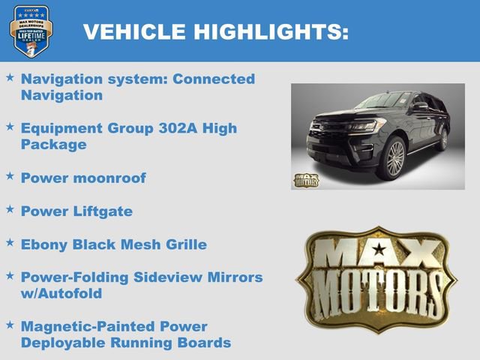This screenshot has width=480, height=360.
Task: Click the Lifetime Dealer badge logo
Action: [x=31, y=31]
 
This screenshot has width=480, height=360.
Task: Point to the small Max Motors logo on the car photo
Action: [x=305, y=180]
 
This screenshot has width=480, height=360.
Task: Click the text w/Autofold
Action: [x=61, y=293]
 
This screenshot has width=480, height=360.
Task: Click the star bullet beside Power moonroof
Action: [x=10, y=176]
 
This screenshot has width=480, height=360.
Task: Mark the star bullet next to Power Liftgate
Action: [x=10, y=210]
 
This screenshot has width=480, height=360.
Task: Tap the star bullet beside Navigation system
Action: [x=10, y=77]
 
